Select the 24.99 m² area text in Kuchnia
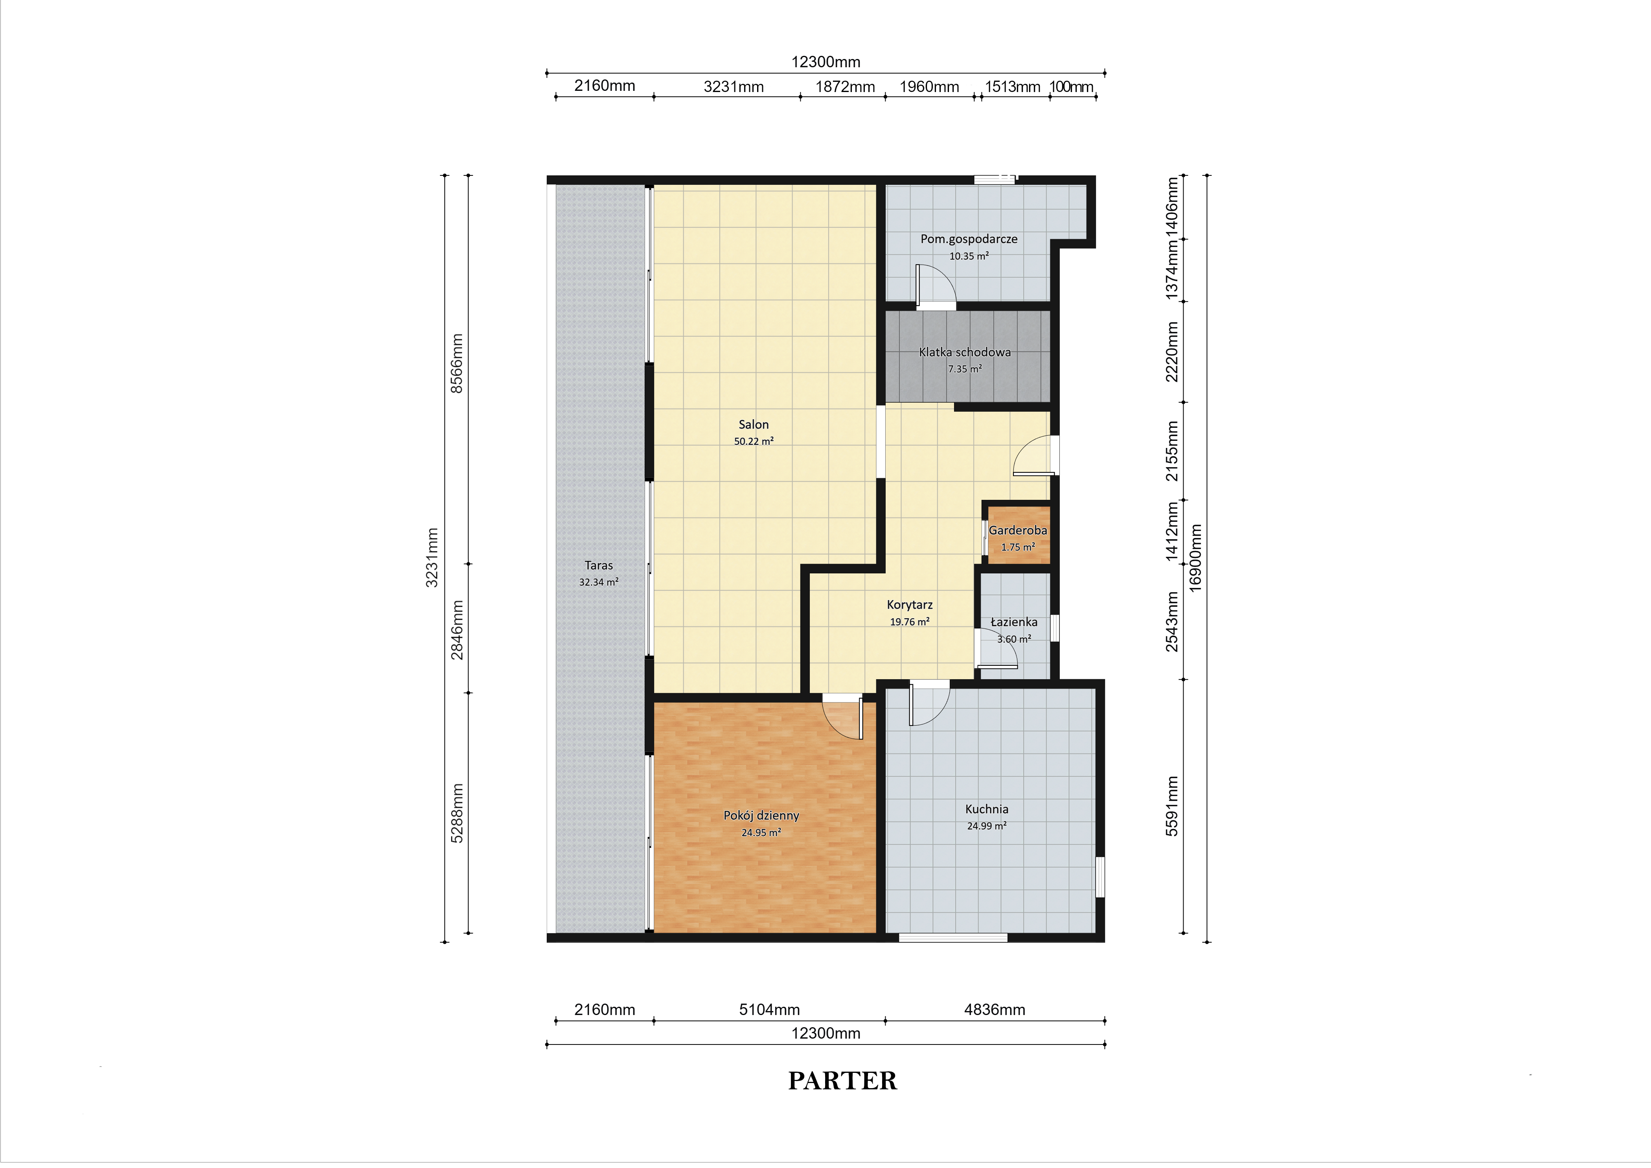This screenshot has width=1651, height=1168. click(x=987, y=825)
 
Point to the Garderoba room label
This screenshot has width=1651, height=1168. click(x=1017, y=530)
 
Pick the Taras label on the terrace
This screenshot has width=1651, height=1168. click(x=599, y=565)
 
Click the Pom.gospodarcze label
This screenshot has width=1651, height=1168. click(x=969, y=239)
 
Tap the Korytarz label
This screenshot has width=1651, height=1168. click(x=910, y=605)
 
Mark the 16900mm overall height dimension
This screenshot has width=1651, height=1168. click(x=1195, y=557)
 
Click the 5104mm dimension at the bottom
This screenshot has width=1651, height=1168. click(x=769, y=1010)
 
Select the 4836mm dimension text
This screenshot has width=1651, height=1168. click(x=995, y=1010)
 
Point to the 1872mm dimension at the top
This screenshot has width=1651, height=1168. click(x=845, y=87)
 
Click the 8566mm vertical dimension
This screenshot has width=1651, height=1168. click(x=457, y=363)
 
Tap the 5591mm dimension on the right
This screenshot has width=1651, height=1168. click(x=1172, y=806)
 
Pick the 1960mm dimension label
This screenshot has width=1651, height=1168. click(x=929, y=87)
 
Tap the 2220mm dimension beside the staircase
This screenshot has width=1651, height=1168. click(x=1172, y=352)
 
